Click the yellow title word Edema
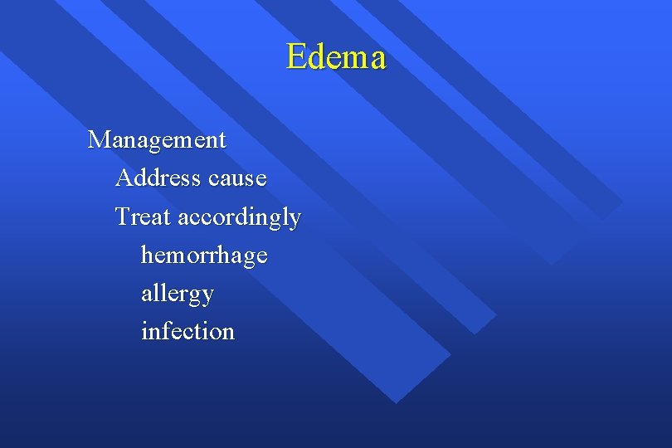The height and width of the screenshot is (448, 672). tap(336, 57)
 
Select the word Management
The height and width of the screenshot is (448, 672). tap(157, 139)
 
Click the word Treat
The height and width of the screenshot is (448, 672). tap(143, 217)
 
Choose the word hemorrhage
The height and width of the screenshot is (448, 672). tap(204, 256)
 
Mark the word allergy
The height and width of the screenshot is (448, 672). tap(178, 294)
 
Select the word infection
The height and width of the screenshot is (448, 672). tap(188, 331)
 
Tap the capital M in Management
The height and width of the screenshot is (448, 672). tap(100, 139)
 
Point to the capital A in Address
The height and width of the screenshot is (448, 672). tap(124, 178)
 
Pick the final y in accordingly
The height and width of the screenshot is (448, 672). tap(294, 220)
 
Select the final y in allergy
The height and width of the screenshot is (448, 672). tap(207, 296)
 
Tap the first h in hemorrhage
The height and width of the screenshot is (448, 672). tap(148, 254)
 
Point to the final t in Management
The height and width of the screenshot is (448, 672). tap(222, 140)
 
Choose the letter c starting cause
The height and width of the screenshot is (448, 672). tap(214, 179)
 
